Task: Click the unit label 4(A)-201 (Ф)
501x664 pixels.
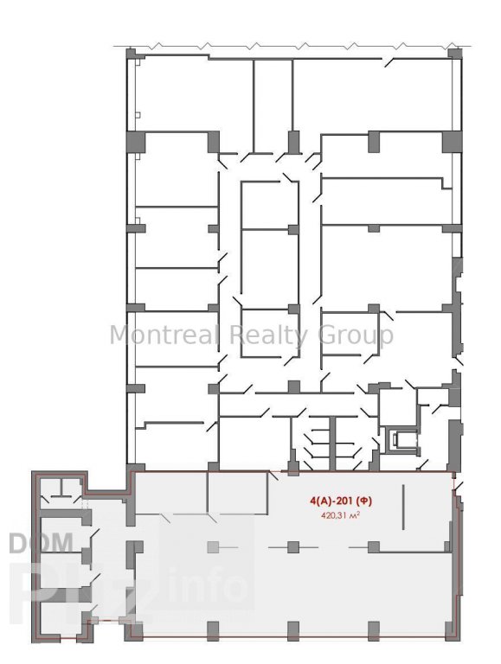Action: pyautogui.click(x=341, y=501)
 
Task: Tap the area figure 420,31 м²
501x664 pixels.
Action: pyautogui.click(x=341, y=515)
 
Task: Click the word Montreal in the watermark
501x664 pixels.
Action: pyautogui.click(x=164, y=335)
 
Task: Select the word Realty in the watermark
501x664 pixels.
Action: pyautogui.click(x=268, y=335)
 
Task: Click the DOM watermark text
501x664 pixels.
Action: pyautogui.click(x=41, y=543)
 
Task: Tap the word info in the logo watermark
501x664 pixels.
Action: pyautogui.click(x=208, y=586)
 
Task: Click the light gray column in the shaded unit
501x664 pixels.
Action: pyautogui.click(x=213, y=547)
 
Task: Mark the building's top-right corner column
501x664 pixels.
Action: pyautogui.click(x=455, y=54)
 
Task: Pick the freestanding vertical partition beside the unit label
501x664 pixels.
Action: pyautogui.click(x=403, y=507)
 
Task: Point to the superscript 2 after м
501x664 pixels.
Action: pyautogui.click(x=358, y=514)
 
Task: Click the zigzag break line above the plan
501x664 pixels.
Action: pyautogui.click(x=292, y=45)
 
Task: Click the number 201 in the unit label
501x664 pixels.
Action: pyautogui.click(x=347, y=501)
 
